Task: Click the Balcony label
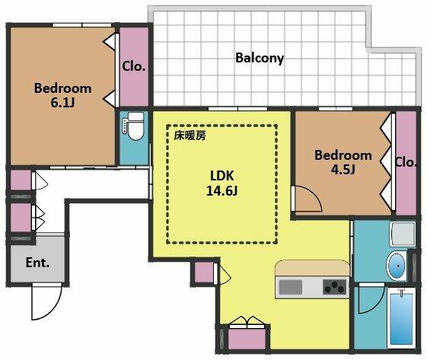tap(260, 58)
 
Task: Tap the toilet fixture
tap(133, 126)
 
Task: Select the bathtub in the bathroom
tap(401, 319)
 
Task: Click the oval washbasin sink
tap(397, 266)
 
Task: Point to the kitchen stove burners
tap(335, 287)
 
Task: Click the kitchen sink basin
tap(290, 287)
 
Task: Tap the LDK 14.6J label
tap(221, 183)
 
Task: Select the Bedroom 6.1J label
tap(62, 96)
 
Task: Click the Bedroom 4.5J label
tap(343, 162)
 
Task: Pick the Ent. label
tap(37, 263)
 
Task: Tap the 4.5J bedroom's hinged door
tap(308, 199)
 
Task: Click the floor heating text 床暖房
tap(190, 135)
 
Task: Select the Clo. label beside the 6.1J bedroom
tap(133, 66)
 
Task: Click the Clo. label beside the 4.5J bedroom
tap(406, 163)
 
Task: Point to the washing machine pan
tap(403, 234)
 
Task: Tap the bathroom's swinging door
tap(371, 298)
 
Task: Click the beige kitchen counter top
tap(312, 268)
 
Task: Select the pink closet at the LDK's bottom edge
tap(247, 339)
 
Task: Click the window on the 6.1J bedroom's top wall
tap(82, 25)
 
